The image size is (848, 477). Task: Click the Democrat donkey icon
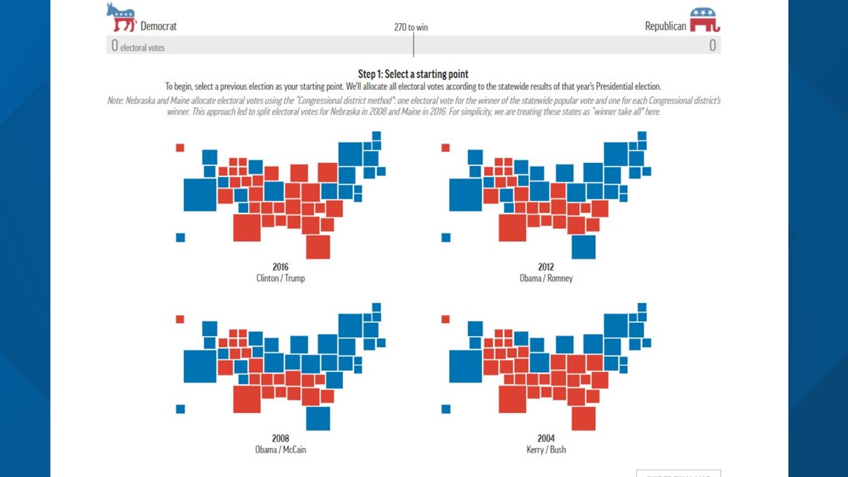tap(121, 17)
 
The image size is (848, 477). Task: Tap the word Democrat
tap(158, 26)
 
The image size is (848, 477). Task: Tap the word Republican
tap(664, 26)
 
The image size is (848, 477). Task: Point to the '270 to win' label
tap(411, 28)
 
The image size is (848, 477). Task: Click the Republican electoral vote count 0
tap(712, 45)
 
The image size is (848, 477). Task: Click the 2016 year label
tap(280, 267)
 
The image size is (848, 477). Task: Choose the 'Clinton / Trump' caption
tap(280, 278)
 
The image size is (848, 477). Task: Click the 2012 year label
tap(546, 267)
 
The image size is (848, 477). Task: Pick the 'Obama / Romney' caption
tap(546, 278)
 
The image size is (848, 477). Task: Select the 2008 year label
tap(280, 438)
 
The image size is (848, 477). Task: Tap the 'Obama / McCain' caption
tap(280, 449)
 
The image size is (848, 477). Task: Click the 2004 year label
tap(546, 438)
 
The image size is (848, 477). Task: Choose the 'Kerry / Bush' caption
tap(546, 449)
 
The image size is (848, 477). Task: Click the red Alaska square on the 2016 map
tap(180, 148)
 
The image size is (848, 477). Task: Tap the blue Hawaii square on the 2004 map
tap(446, 409)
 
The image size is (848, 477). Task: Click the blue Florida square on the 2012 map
tap(583, 246)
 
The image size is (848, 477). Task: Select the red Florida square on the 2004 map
tap(583, 417)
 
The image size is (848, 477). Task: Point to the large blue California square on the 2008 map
tap(199, 366)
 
